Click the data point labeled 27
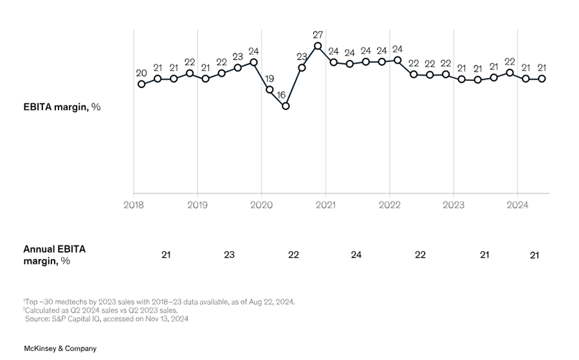click(318, 46)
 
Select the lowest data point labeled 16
click(286, 106)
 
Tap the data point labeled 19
click(270, 89)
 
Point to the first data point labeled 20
click(142, 84)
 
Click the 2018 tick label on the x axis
click(134, 205)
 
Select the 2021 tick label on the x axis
click(326, 205)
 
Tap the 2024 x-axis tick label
click(518, 205)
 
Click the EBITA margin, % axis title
click(62, 107)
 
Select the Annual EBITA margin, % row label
click(55, 255)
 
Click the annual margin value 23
click(229, 255)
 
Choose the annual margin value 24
click(356, 255)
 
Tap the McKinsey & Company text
click(60, 348)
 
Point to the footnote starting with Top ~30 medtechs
click(160, 301)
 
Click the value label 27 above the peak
click(318, 33)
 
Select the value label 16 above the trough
click(281, 94)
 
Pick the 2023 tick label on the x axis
click(454, 205)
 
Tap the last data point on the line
click(542, 78)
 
